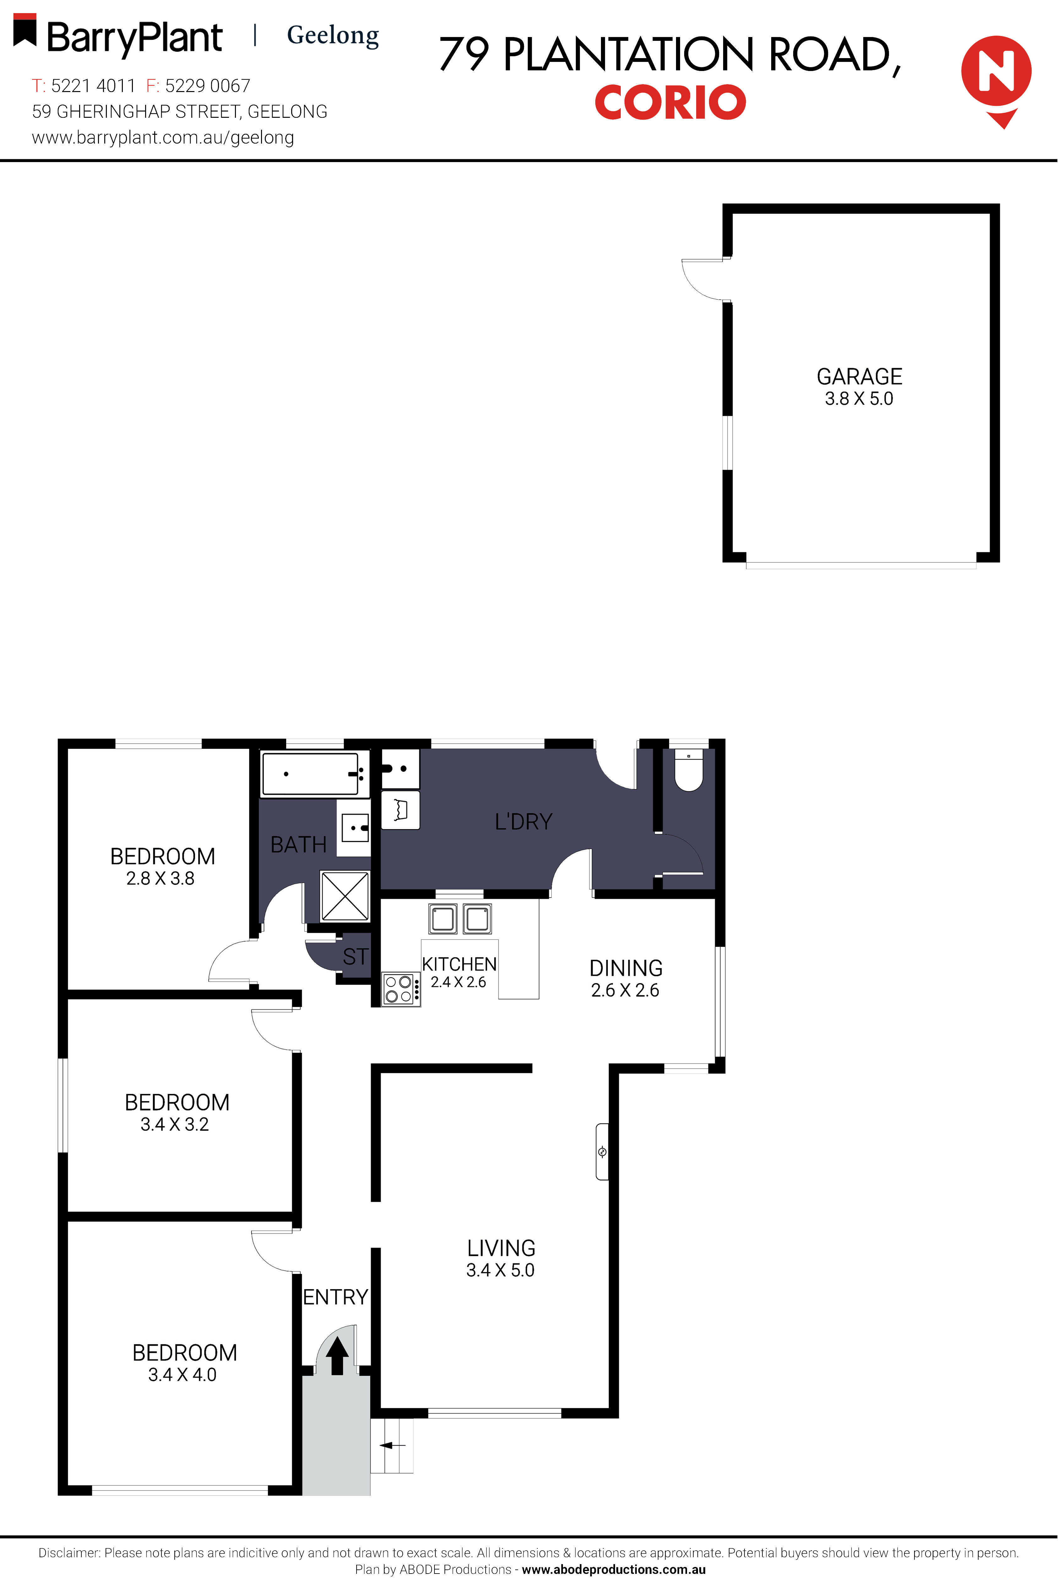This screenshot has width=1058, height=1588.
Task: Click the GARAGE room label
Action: click(x=859, y=376)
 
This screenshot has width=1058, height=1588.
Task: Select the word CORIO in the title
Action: click(x=670, y=103)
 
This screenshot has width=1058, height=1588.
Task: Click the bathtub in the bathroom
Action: click(x=310, y=774)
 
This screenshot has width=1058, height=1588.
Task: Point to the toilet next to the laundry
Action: click(x=688, y=770)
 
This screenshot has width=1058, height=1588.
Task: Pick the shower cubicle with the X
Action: click(x=345, y=896)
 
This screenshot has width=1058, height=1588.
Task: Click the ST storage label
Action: click(x=356, y=957)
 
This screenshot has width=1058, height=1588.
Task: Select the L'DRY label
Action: click(x=524, y=822)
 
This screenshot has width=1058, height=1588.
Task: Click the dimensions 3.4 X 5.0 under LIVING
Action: click(x=500, y=1270)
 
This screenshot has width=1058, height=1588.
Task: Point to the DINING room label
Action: click(x=625, y=968)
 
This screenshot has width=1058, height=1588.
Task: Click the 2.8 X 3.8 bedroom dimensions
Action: click(x=161, y=878)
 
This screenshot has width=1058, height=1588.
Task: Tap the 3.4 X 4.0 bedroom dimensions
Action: click(x=182, y=1375)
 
